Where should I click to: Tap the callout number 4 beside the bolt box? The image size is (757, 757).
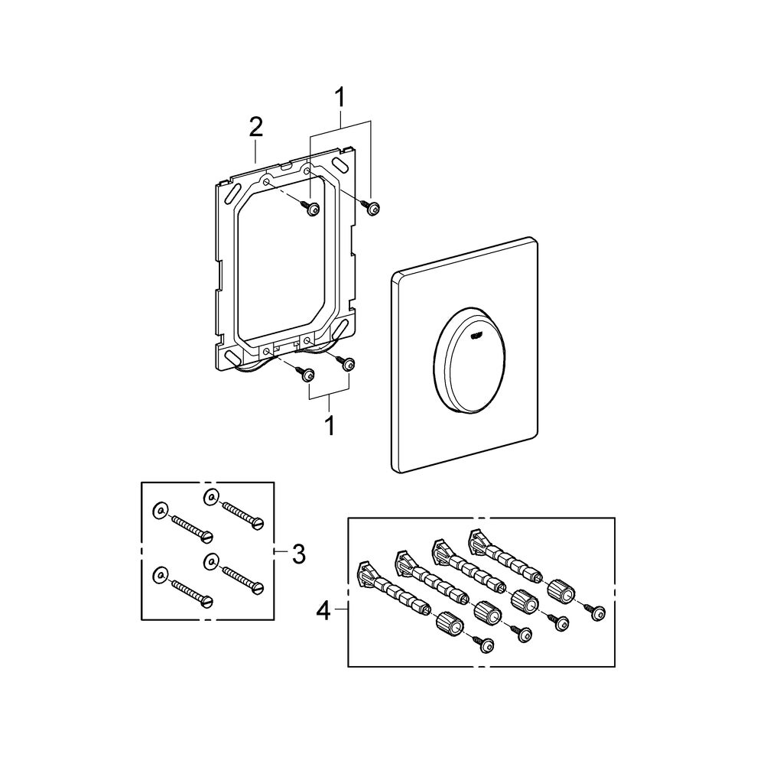324,612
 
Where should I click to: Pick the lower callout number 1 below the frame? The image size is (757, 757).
330,424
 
